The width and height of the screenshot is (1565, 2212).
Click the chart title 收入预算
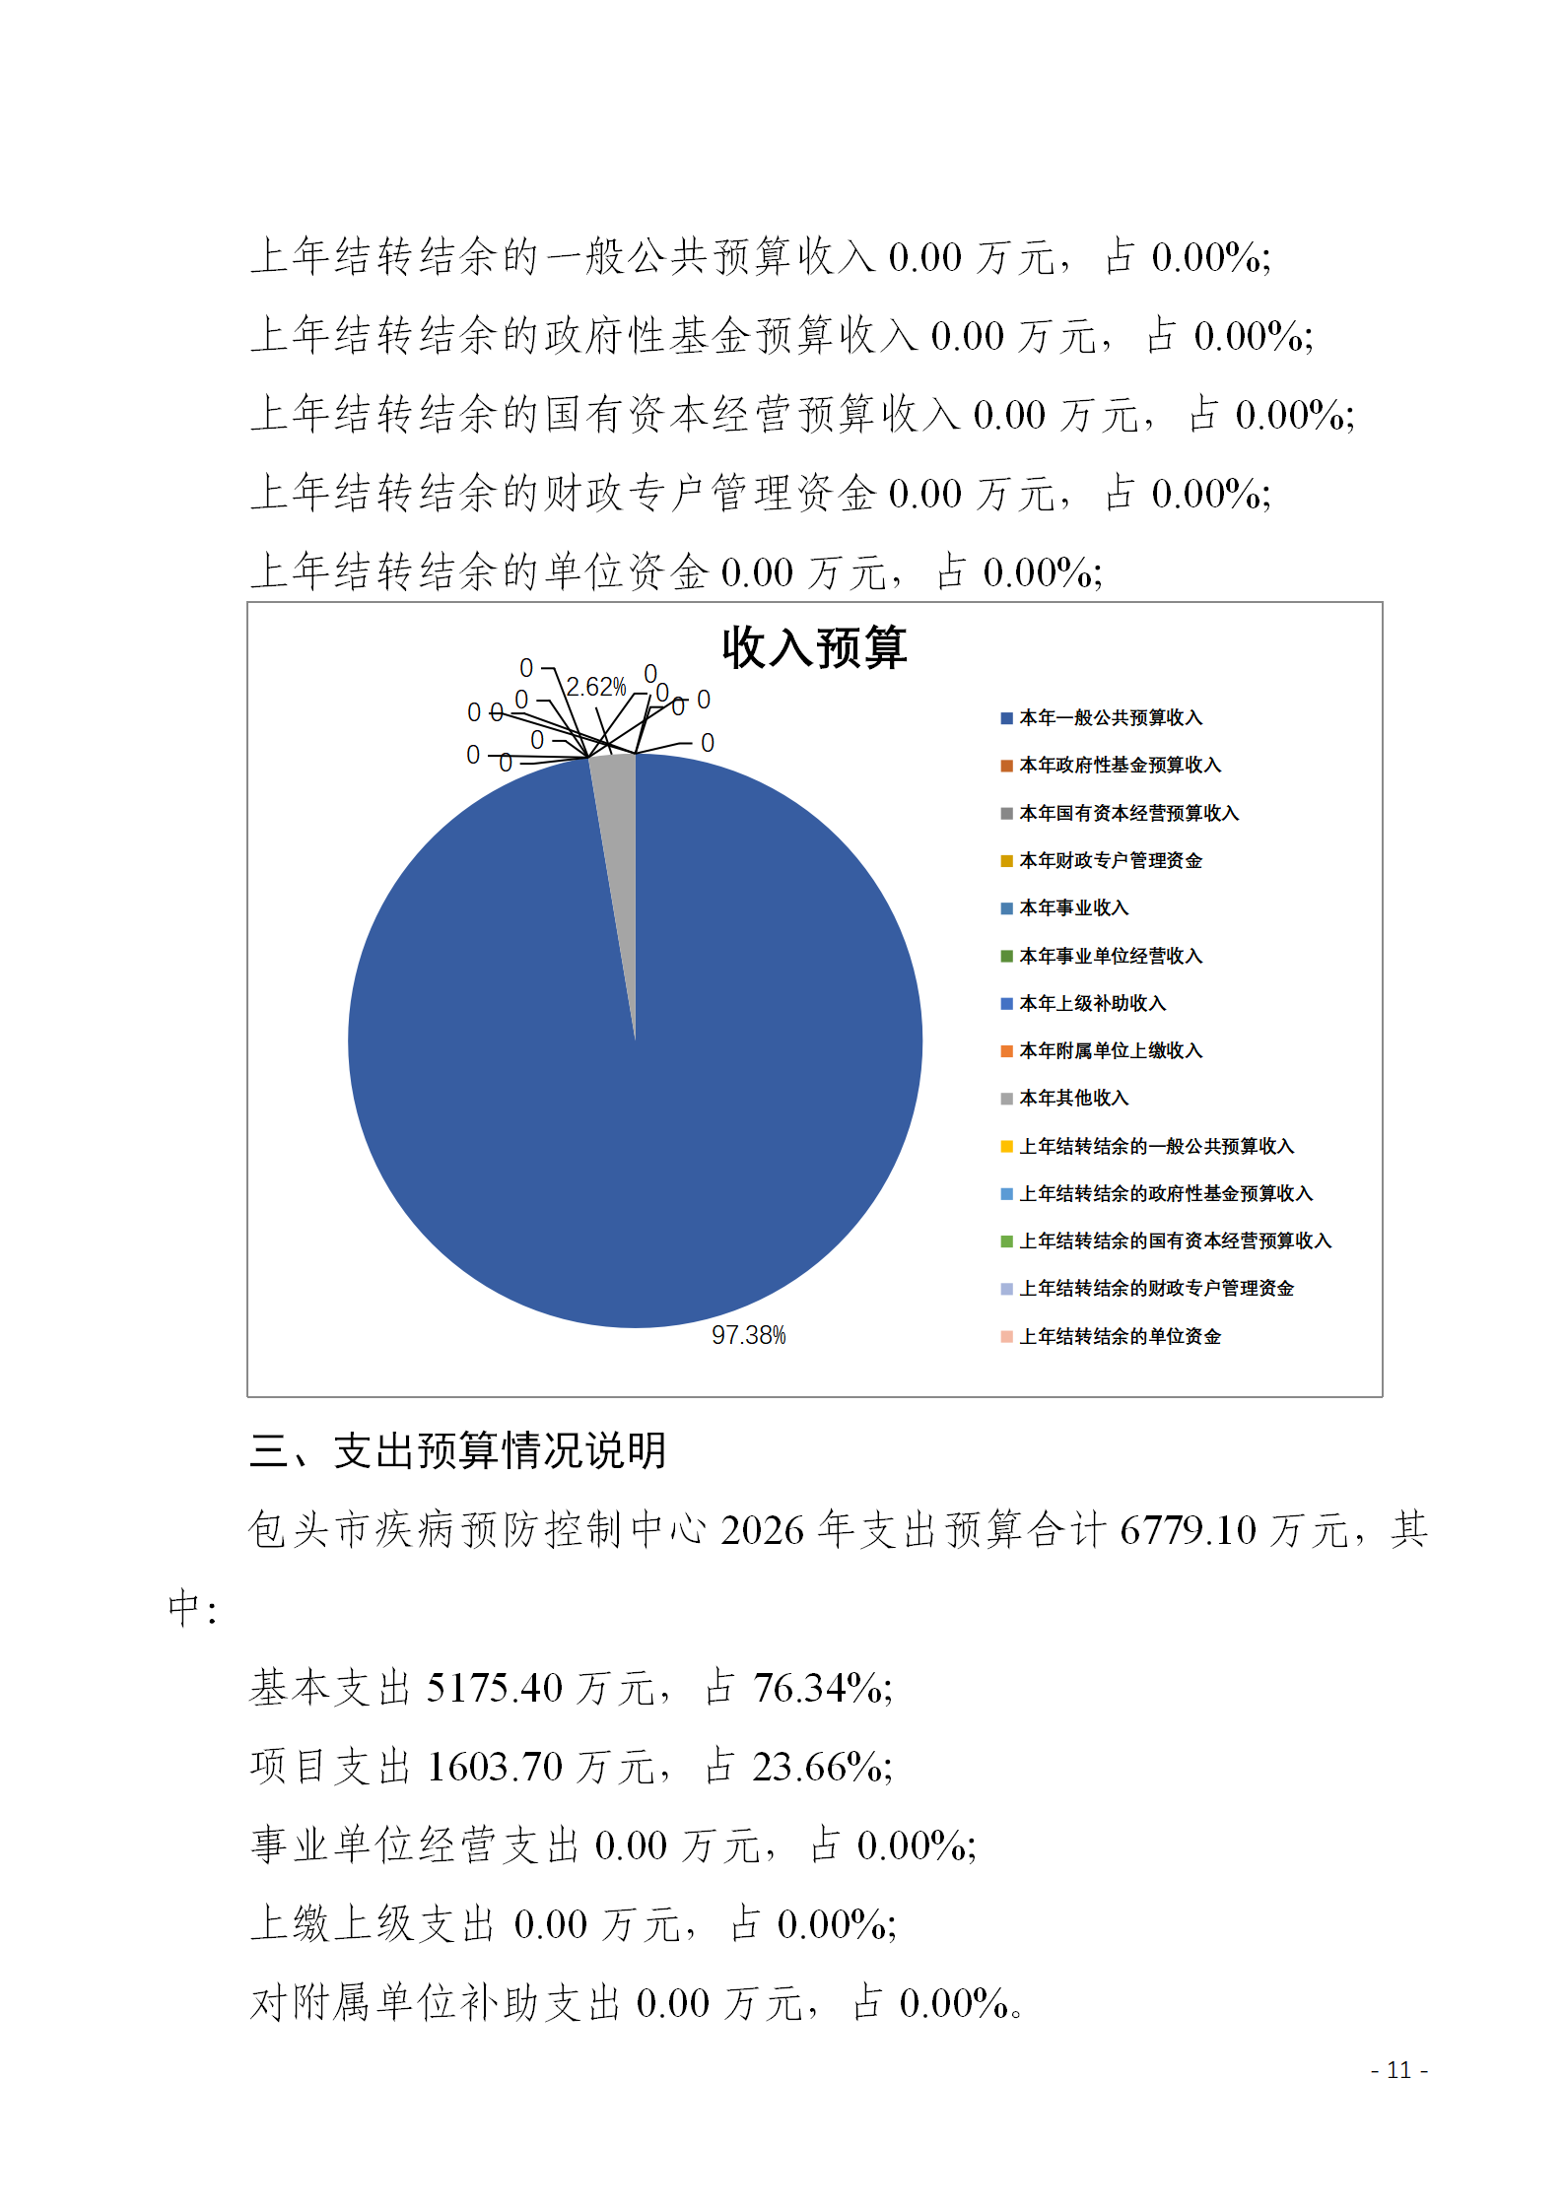(814, 648)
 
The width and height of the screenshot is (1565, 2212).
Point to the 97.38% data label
(749, 1335)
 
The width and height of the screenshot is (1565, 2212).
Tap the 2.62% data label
(596, 687)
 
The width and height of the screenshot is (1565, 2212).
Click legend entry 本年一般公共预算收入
(1110, 718)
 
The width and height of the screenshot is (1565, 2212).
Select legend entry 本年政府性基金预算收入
(1120, 766)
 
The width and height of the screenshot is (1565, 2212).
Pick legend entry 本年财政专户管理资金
(1110, 861)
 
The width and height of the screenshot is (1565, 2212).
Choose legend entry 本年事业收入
(1073, 908)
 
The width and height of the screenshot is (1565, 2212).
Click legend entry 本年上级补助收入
(1092, 1004)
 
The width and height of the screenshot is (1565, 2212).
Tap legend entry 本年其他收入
(1073, 1099)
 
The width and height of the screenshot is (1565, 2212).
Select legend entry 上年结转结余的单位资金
(1120, 1337)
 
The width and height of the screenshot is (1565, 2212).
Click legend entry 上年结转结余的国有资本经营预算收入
(1175, 1241)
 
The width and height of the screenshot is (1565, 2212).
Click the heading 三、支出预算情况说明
(459, 1451)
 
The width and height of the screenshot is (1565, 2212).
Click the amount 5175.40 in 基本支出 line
(494, 1689)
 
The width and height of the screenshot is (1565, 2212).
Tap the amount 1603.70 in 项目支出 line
(494, 1768)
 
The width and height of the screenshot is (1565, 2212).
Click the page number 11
(1398, 2070)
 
